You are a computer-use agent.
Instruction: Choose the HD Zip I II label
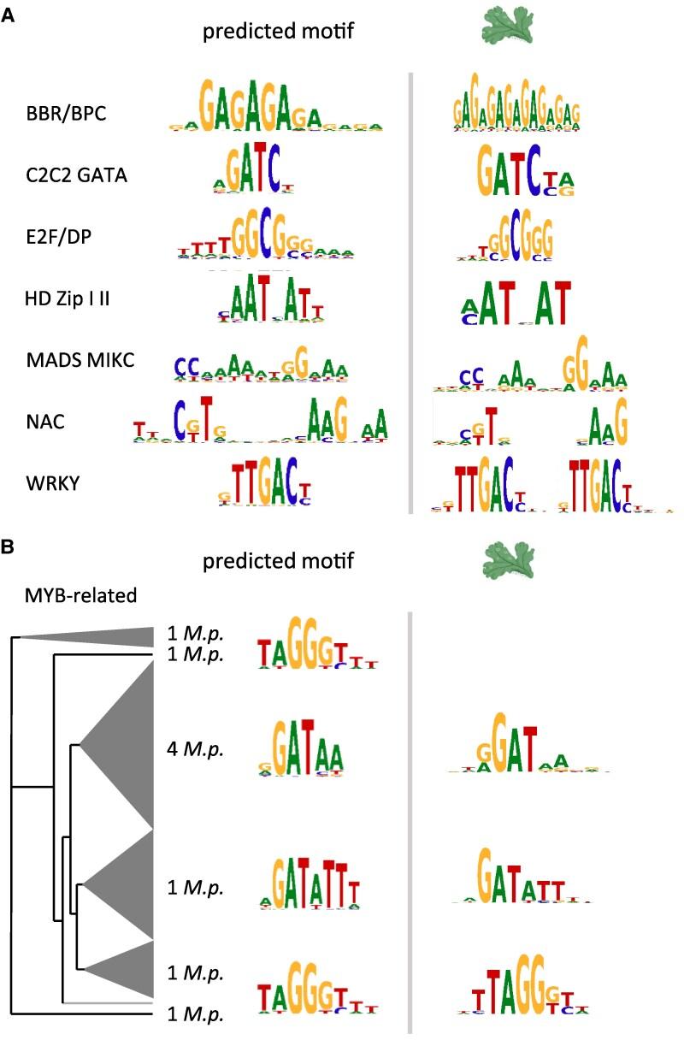[x=71, y=297]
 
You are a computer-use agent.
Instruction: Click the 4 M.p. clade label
[x=195, y=750]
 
